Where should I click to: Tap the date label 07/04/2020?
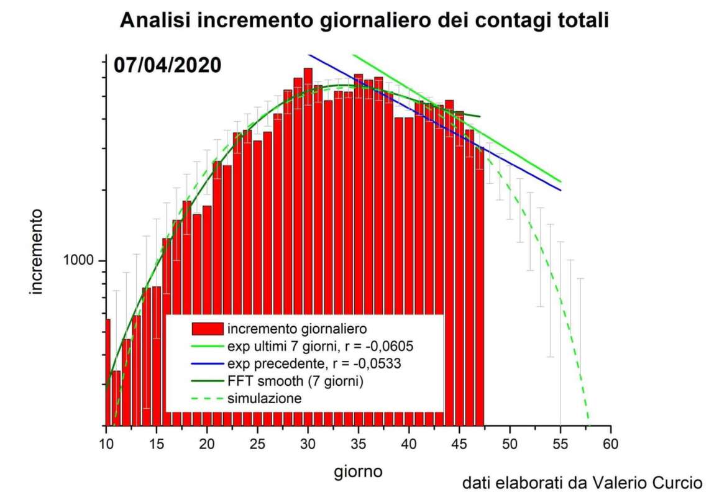167,65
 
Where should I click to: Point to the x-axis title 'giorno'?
358,472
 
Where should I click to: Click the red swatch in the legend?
207,327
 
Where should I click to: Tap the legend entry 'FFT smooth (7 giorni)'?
296,381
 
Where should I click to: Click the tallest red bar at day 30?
308,186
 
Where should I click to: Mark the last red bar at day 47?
478,280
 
